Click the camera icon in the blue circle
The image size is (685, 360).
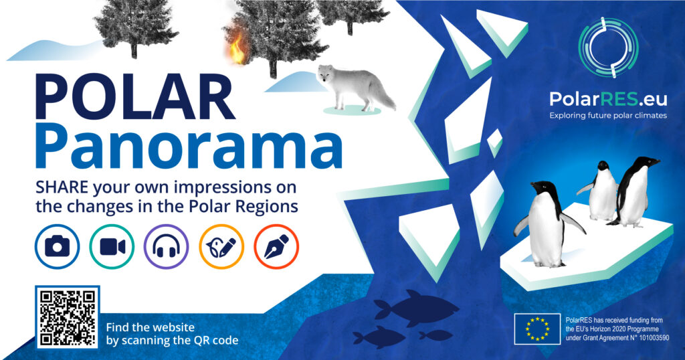click(x=58, y=247)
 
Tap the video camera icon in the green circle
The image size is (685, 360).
click(x=112, y=247)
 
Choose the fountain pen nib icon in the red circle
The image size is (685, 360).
click(x=276, y=247)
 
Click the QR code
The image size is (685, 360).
click(x=68, y=317)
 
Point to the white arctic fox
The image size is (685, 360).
click(x=355, y=87)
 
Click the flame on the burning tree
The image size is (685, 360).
click(x=237, y=48)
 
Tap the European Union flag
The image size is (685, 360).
click(x=537, y=329)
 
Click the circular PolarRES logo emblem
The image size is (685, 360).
click(x=609, y=48)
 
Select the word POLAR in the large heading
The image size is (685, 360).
click(x=135, y=97)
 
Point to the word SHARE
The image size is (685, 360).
click(x=63, y=187)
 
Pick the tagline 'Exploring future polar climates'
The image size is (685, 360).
click(x=608, y=115)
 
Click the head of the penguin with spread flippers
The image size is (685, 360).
click(x=544, y=189)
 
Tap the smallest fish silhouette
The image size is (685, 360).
click(x=435, y=335)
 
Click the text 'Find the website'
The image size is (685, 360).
click(x=151, y=327)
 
